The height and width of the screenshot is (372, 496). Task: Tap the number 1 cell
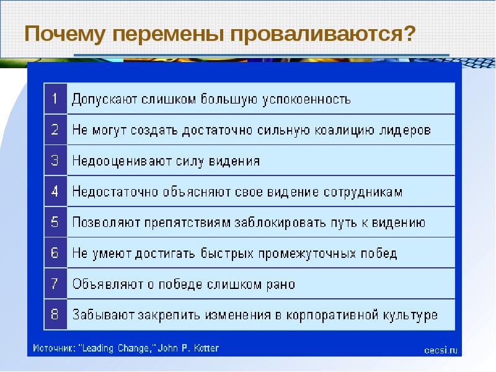click(x=55, y=99)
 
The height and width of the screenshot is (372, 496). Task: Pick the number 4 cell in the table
click(x=55, y=192)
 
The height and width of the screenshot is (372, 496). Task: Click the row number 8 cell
click(x=55, y=315)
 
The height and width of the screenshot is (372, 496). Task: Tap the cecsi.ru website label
click(x=441, y=350)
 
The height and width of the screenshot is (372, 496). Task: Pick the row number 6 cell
click(x=55, y=253)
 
